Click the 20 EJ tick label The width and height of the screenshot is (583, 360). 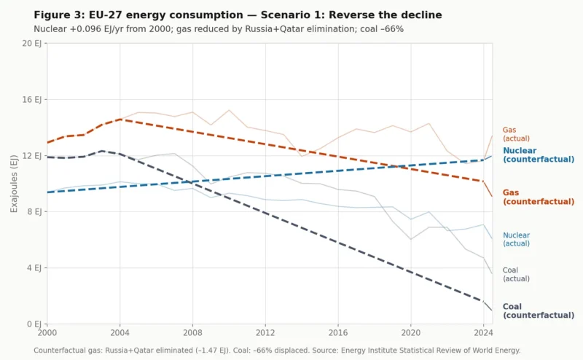[x=31, y=43]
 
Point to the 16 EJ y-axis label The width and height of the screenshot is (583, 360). [x=31, y=99]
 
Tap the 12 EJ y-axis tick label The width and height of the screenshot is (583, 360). [x=31, y=155]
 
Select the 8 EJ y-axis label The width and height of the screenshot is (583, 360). [x=34, y=211]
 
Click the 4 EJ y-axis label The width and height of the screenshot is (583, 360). [x=34, y=267]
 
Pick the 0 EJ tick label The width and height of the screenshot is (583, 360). [x=34, y=324]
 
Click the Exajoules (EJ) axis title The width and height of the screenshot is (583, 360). [x=15, y=184]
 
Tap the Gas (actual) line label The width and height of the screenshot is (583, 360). [x=516, y=134]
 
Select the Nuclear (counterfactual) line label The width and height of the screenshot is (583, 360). [x=539, y=154]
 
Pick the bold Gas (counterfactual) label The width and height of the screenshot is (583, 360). [x=539, y=197]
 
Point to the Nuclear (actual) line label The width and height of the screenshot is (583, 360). [x=516, y=240]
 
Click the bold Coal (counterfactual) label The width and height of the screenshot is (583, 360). [x=539, y=311]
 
